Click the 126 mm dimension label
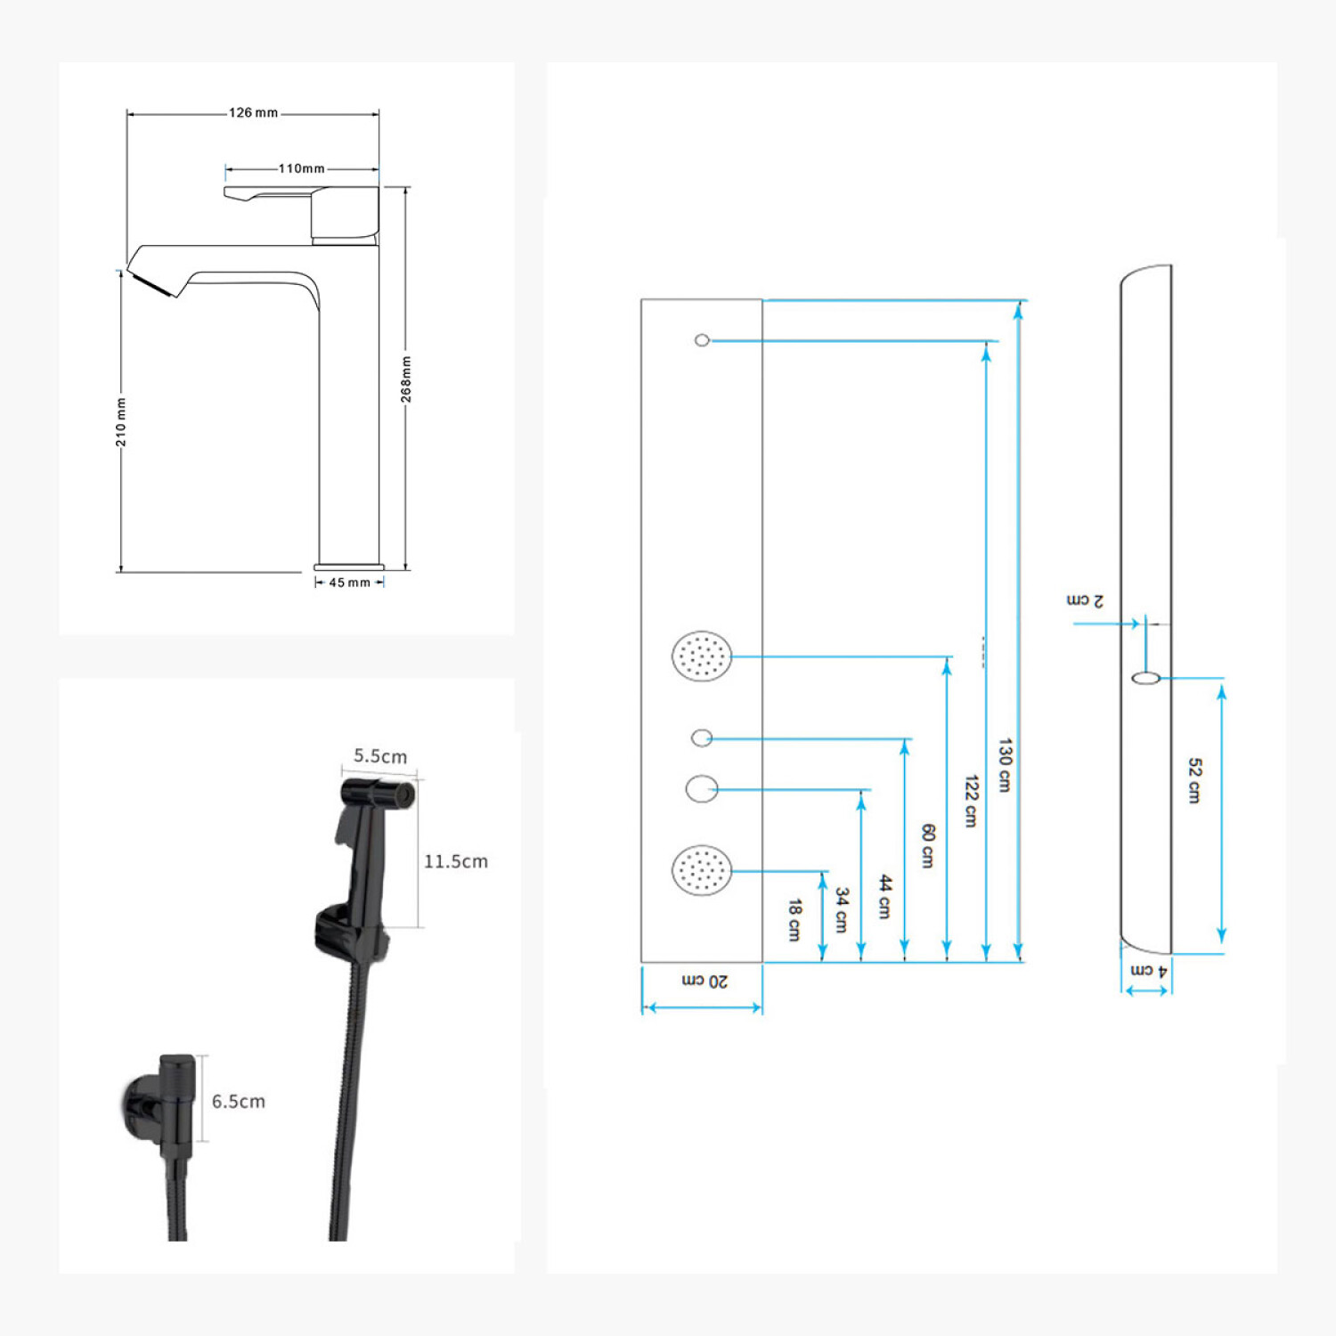(x=254, y=113)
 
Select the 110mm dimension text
(x=301, y=168)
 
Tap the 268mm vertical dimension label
(x=406, y=379)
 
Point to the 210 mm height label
(x=121, y=422)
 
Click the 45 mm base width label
(x=349, y=582)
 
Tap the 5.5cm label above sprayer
(x=380, y=756)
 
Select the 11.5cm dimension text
(x=455, y=861)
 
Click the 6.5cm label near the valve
(x=238, y=1102)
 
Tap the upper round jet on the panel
(x=702, y=656)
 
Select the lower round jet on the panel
(x=702, y=870)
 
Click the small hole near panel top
(x=702, y=340)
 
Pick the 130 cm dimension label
(x=1005, y=765)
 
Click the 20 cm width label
(x=705, y=981)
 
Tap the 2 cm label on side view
(x=1085, y=600)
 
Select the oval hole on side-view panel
(x=1145, y=679)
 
